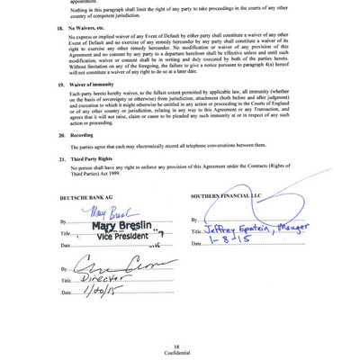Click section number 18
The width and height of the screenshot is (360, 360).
[x=59, y=28]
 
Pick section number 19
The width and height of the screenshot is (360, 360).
[x=59, y=83]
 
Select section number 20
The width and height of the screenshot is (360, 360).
[x=59, y=134]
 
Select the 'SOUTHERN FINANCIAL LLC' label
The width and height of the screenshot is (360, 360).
[x=224, y=195]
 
